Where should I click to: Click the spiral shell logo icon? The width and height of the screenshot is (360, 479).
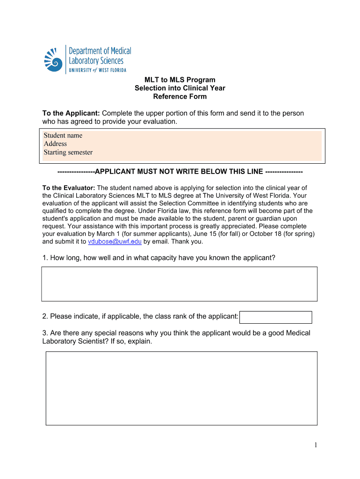pos(53,59)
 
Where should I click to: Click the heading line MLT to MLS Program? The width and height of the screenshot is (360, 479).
pos(180,80)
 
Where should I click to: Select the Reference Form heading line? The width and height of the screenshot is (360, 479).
pos(180,97)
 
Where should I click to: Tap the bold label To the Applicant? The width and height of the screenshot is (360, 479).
pos(71,113)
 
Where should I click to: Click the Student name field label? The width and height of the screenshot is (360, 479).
pos(63,135)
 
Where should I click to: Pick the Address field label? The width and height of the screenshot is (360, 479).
pos(55,144)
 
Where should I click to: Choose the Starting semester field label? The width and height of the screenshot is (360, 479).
pos(68,152)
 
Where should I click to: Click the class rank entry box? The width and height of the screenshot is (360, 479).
pos(275,317)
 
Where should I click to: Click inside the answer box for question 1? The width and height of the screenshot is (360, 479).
pos(180,283)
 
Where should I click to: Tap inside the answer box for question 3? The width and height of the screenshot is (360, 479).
pos(181,388)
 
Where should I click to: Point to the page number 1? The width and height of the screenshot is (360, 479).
pos(316,445)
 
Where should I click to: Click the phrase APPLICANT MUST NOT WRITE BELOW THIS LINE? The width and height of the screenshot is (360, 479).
pos(180,171)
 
